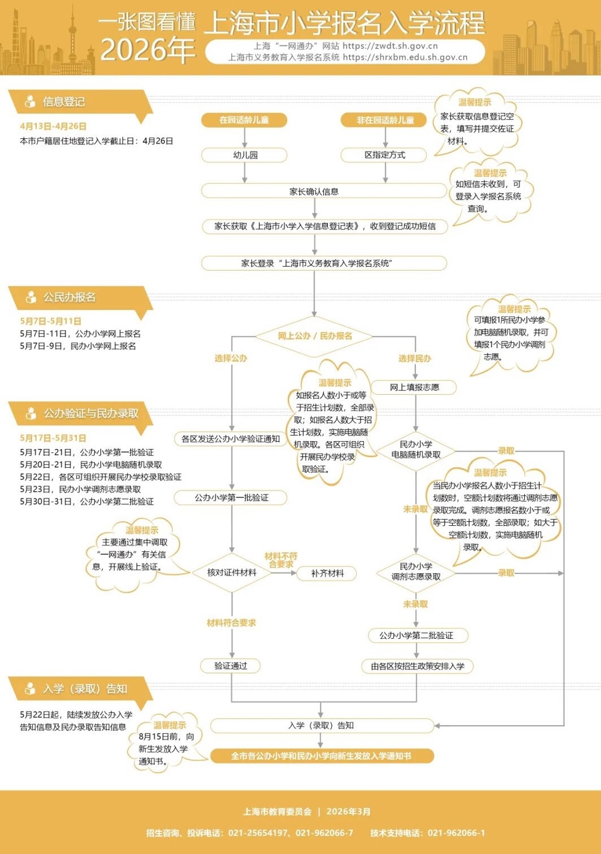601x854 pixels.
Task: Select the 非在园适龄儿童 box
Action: click(x=385, y=120)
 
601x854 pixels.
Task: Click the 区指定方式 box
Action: click(x=385, y=155)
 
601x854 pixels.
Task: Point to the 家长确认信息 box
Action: click(x=314, y=191)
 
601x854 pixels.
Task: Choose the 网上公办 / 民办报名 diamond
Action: click(x=315, y=335)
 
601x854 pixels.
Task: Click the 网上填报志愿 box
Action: click(x=414, y=386)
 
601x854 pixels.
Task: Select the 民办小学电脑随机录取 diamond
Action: click(x=415, y=450)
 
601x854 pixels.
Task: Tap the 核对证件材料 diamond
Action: click(x=231, y=573)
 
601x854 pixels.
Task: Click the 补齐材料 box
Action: click(x=327, y=573)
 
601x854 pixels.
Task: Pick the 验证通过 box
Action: click(x=231, y=666)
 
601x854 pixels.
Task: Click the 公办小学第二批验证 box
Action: click(x=416, y=635)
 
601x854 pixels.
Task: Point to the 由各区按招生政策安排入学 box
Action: click(x=417, y=666)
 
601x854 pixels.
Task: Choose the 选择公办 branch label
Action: click(x=231, y=359)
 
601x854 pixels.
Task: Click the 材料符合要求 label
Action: click(x=231, y=622)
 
